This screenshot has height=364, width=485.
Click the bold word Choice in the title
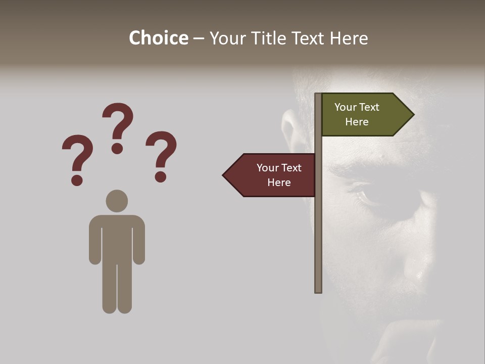click(x=158, y=38)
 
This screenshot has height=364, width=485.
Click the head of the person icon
click(x=117, y=201)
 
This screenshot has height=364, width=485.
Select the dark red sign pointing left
click(x=273, y=175)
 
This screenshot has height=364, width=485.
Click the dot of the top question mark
click(x=118, y=148)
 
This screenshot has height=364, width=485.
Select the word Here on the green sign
click(x=357, y=122)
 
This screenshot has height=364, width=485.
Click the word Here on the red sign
click(x=279, y=183)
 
